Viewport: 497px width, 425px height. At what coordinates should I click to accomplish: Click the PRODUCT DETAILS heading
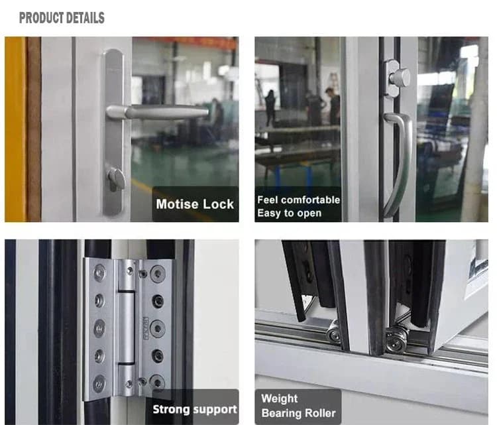pyautogui.click(x=62, y=18)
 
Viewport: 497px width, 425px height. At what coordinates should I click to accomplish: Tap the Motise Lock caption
pyautogui.click(x=195, y=204)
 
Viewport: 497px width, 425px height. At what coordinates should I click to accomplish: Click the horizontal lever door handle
pyautogui.click(x=158, y=112)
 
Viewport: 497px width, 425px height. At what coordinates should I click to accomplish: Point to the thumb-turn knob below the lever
pyautogui.click(x=115, y=179)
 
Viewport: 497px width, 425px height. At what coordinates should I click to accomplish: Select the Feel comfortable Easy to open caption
pyautogui.click(x=298, y=206)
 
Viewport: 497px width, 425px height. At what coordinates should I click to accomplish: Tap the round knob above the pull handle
pyautogui.click(x=400, y=76)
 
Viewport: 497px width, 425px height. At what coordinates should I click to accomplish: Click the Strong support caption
pyautogui.click(x=195, y=409)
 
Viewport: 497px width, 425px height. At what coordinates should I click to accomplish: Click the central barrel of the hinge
pyautogui.click(x=126, y=328)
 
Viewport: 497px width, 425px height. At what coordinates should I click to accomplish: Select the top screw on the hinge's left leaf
pyautogui.click(x=100, y=272)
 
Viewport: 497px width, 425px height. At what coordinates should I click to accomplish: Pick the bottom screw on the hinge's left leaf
pyautogui.click(x=99, y=383)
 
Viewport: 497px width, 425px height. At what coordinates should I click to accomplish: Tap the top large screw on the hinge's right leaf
pyautogui.click(x=158, y=273)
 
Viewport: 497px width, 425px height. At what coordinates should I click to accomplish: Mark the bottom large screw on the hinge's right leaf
pyautogui.click(x=157, y=381)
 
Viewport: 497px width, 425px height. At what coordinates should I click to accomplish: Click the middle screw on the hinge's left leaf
pyautogui.click(x=100, y=328)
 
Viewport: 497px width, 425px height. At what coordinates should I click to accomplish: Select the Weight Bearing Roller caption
pyautogui.click(x=298, y=406)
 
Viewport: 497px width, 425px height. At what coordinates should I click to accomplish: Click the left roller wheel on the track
pyautogui.click(x=333, y=331)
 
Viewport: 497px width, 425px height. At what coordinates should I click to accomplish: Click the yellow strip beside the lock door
pyautogui.click(x=15, y=129)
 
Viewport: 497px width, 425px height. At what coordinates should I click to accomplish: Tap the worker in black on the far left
pyautogui.click(x=270, y=108)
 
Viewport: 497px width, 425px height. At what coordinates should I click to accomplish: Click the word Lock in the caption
pyautogui.click(x=218, y=204)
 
